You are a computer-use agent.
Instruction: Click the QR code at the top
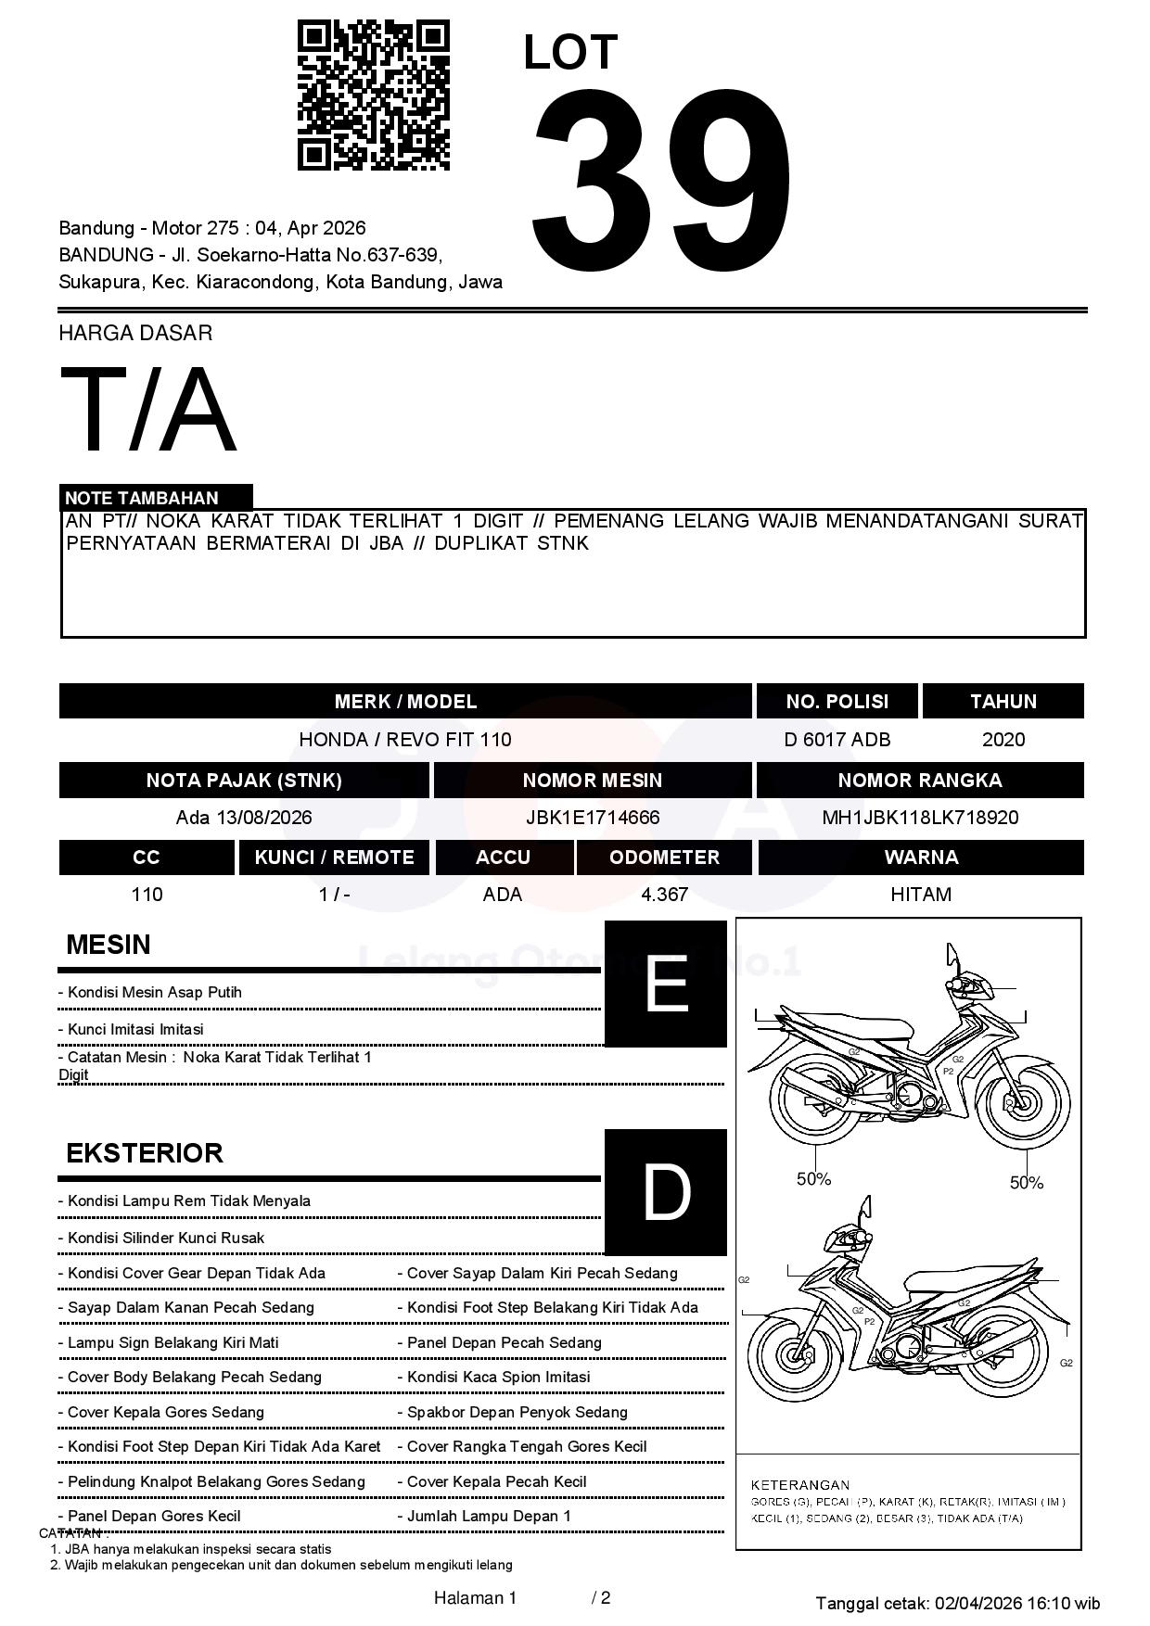click(373, 95)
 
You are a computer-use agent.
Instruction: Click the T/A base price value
click(148, 411)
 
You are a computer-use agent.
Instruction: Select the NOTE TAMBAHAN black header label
click(155, 498)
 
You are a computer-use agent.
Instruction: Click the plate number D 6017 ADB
click(837, 740)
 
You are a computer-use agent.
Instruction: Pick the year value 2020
click(1003, 740)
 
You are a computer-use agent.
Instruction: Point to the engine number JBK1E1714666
click(593, 818)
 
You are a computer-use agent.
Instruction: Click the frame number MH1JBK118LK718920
click(920, 818)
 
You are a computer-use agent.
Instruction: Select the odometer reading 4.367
click(664, 895)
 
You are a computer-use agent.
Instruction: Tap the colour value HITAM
click(920, 895)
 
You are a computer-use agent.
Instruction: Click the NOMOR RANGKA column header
click(920, 781)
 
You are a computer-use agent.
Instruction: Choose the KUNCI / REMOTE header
click(334, 857)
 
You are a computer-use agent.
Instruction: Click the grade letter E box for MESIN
click(665, 984)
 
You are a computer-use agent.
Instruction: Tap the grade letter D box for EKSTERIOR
click(665, 1192)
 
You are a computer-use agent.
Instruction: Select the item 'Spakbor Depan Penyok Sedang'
click(517, 1412)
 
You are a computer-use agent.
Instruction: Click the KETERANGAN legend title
click(799, 1484)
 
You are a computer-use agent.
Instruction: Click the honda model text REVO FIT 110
click(449, 740)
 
